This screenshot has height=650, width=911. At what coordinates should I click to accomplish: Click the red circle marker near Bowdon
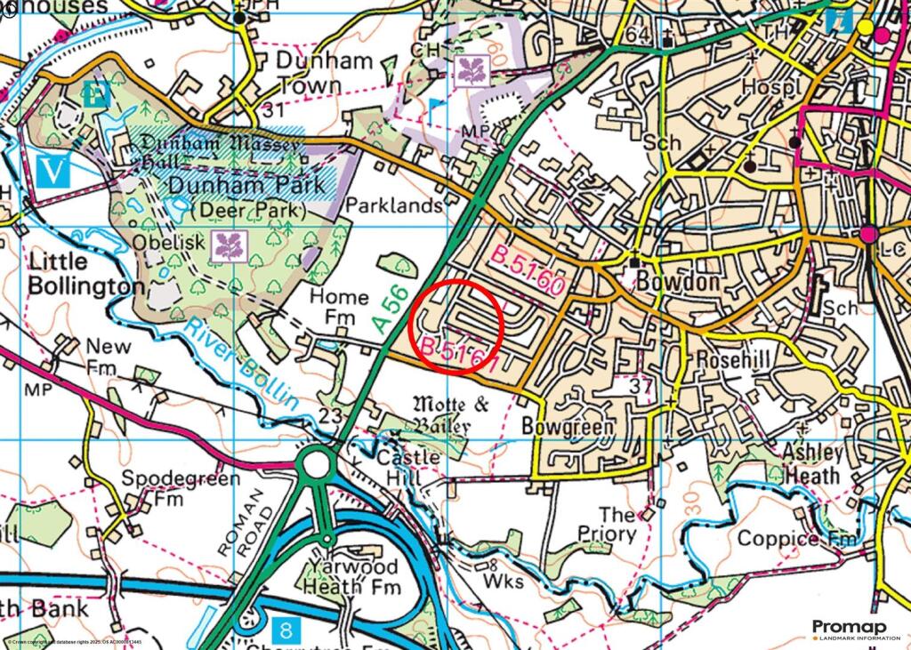(456, 324)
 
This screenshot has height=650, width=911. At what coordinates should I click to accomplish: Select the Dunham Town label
(297, 74)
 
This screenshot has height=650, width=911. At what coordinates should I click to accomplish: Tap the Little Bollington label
(85, 274)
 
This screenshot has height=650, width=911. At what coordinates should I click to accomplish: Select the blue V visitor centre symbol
(56, 169)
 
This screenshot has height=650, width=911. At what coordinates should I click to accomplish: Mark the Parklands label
(394, 206)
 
